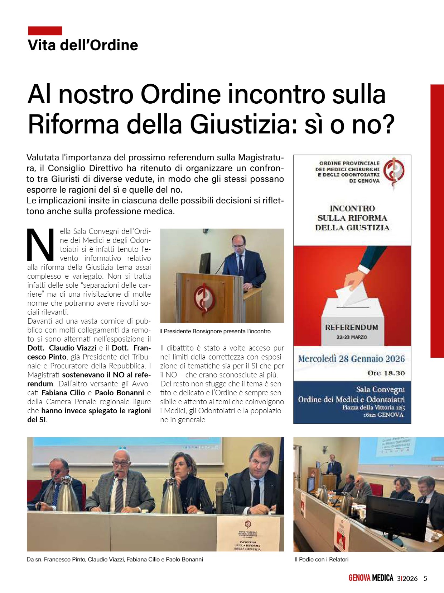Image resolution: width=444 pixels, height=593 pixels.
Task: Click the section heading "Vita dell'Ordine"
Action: (x=83, y=46)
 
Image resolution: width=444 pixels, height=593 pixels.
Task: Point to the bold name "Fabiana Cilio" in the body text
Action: (x=63, y=393)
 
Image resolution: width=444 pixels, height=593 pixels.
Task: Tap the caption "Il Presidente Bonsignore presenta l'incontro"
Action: (x=215, y=331)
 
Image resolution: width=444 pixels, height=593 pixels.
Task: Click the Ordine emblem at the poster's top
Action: (x=394, y=171)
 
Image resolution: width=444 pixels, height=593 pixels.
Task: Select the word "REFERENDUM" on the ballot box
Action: (x=352, y=328)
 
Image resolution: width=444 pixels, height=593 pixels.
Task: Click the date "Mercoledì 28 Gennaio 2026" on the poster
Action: (x=352, y=359)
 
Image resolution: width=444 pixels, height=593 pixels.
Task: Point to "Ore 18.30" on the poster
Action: (x=386, y=373)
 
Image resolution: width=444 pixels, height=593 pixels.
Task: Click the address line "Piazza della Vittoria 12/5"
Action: (x=373, y=408)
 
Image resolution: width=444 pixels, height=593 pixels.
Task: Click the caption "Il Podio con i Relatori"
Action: (x=321, y=559)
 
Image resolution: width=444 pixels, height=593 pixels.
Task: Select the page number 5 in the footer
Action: (x=425, y=578)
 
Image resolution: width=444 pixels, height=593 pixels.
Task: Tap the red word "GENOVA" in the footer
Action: (x=359, y=578)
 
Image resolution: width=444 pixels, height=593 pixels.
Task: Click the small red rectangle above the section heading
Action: (x=45, y=31)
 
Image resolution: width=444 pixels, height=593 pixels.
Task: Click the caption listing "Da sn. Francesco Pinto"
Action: (x=115, y=559)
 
